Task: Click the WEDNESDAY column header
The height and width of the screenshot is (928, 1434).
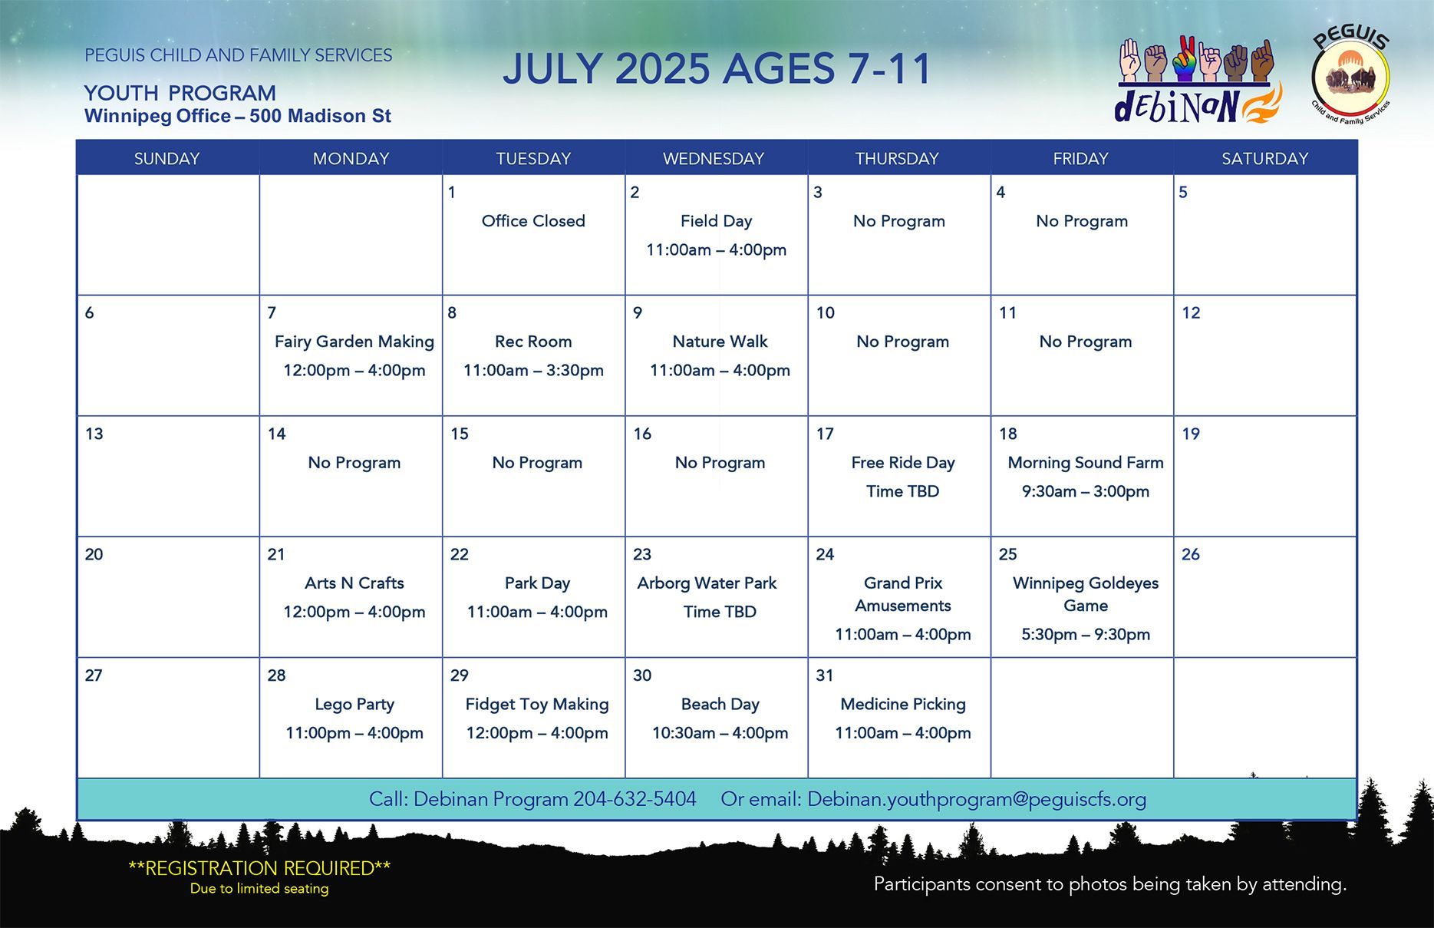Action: click(714, 158)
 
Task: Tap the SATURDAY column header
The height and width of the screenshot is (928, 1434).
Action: click(1264, 158)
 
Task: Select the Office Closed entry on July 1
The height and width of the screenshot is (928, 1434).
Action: click(533, 221)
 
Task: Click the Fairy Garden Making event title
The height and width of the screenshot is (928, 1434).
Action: click(354, 342)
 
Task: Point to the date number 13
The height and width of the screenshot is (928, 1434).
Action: click(94, 434)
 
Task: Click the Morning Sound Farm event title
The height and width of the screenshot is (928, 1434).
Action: click(1086, 462)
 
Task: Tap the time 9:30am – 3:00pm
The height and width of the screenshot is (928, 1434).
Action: click(1086, 491)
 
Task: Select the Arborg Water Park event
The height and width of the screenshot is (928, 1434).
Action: click(707, 583)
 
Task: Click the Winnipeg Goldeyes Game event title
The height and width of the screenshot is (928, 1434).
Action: click(1086, 594)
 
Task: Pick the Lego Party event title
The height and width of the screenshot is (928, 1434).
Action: click(354, 704)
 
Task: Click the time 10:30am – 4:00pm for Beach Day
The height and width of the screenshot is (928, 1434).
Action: click(720, 733)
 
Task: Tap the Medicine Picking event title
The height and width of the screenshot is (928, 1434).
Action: click(903, 704)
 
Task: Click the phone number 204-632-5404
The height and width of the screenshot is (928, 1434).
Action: click(635, 799)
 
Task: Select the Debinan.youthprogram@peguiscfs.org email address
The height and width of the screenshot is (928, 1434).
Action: click(977, 799)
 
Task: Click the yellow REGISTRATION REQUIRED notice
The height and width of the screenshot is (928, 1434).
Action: click(259, 868)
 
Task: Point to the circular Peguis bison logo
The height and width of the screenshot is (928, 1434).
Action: click(1351, 78)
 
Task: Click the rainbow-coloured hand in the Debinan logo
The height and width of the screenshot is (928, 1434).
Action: click(1185, 59)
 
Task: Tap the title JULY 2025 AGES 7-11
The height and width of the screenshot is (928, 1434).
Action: click(717, 69)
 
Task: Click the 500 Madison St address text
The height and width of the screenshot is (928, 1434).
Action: click(320, 116)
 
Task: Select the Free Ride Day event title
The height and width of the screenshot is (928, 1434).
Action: click(903, 462)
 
